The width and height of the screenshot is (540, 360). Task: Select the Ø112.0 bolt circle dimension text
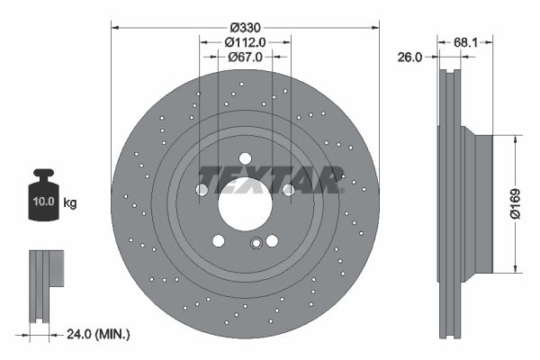[x=245, y=41]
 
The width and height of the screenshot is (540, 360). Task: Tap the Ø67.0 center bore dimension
[x=245, y=58]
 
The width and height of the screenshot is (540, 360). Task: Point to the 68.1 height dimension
[x=465, y=41]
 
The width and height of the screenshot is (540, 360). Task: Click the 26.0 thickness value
[x=409, y=58]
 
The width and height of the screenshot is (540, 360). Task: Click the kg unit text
[x=69, y=203]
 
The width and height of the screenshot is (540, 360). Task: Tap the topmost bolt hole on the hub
[x=245, y=159]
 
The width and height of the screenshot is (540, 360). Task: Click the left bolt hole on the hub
[x=202, y=190]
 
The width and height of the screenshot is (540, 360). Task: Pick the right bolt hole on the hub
[x=288, y=190]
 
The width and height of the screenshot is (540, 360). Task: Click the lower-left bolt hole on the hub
[x=218, y=240]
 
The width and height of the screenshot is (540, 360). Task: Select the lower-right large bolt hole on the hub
[x=272, y=240]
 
